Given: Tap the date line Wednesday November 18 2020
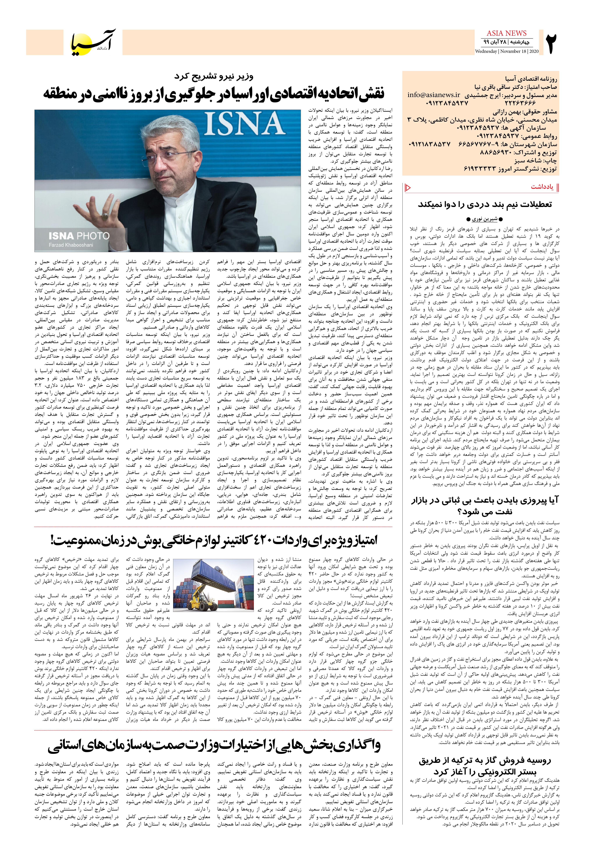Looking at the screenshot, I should click(507, 51).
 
